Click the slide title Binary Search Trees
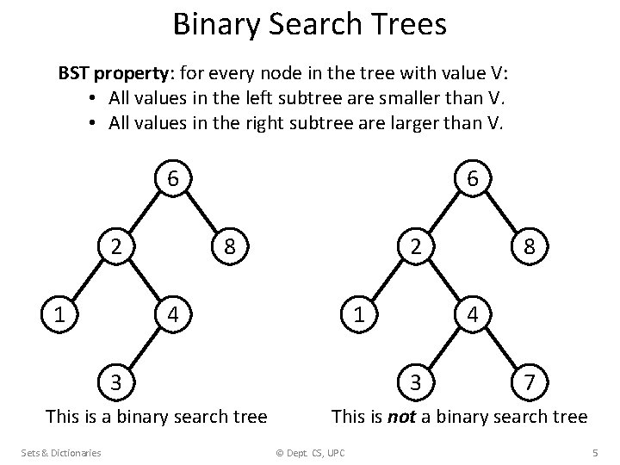click(310, 24)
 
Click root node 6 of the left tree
click(173, 179)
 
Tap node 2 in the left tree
click(115, 247)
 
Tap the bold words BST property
click(111, 73)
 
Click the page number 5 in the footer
click(595, 453)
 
